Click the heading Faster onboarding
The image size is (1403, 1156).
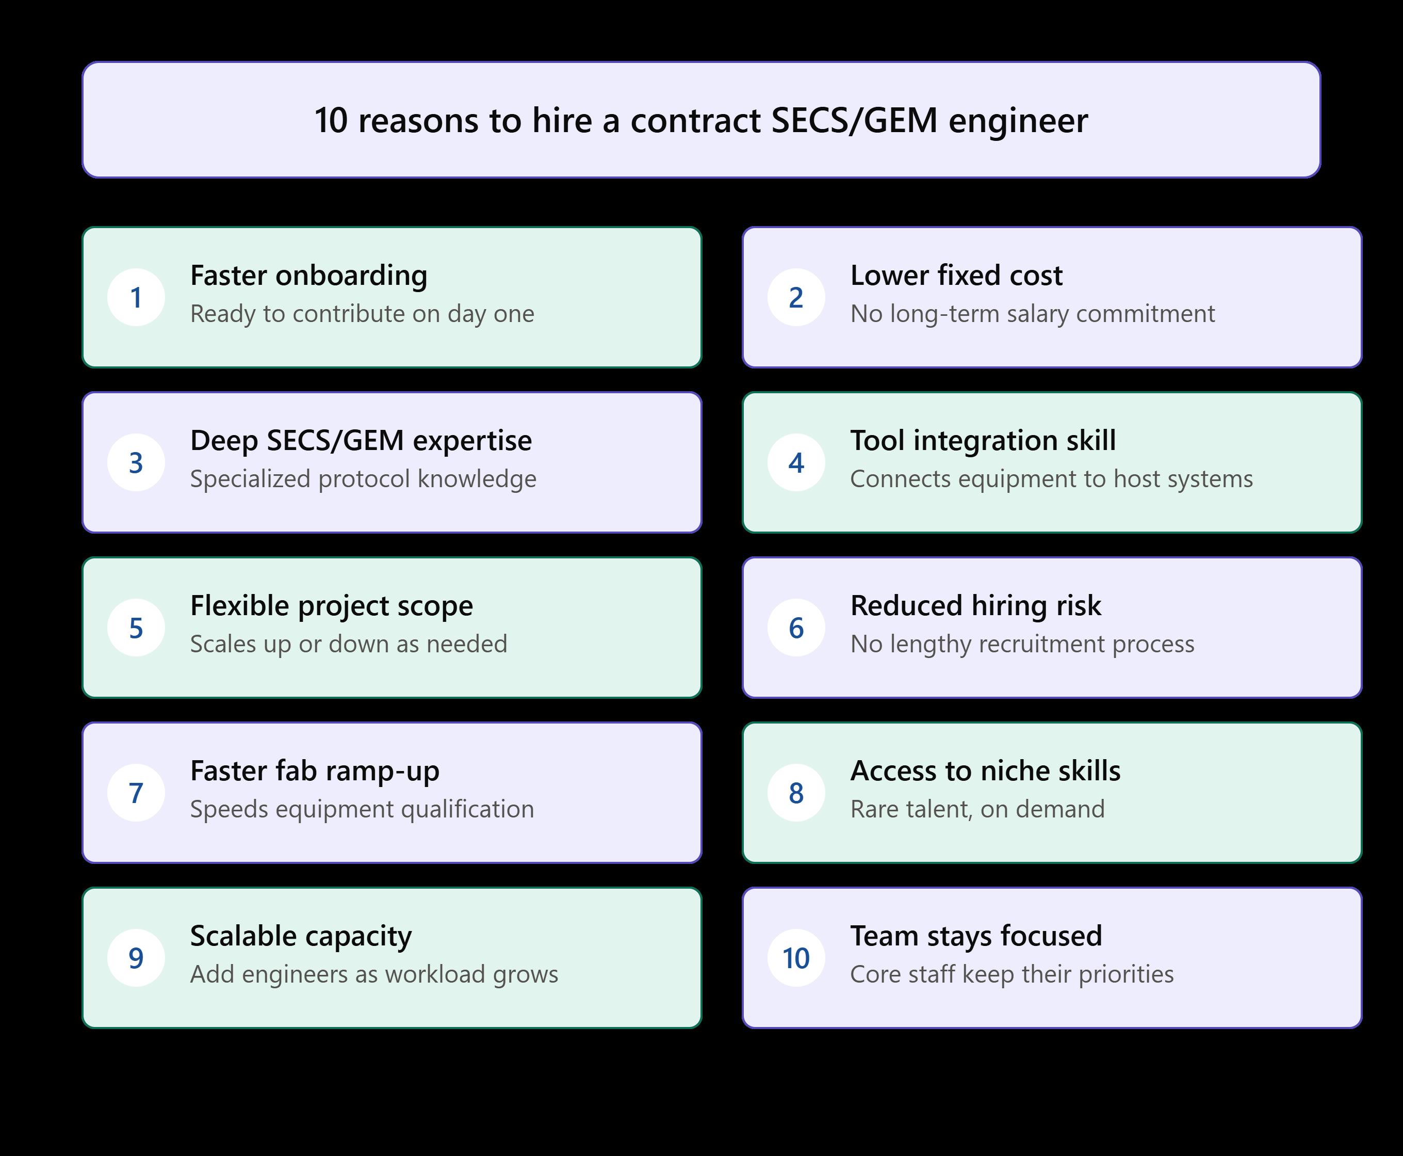(309, 276)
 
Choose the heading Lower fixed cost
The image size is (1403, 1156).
(956, 275)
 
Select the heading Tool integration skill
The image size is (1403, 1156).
(983, 441)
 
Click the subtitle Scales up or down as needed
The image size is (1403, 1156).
(349, 644)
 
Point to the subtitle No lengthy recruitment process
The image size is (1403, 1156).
(1022, 644)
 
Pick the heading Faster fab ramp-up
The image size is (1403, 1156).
(315, 771)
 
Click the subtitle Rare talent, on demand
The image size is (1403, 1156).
(977, 809)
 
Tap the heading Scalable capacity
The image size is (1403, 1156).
(301, 936)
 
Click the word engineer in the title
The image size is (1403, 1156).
(1018, 121)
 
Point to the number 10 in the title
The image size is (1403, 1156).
(331, 121)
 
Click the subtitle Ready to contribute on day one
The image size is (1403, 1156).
(362, 314)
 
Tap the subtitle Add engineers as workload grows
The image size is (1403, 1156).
(374, 974)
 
